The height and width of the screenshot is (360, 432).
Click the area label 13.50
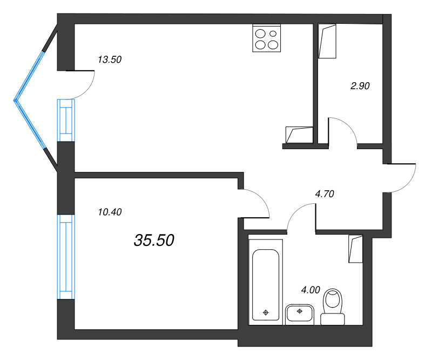[x=110, y=60]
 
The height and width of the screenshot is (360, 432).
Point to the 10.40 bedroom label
[x=110, y=212]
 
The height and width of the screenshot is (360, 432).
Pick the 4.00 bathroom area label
[x=312, y=290]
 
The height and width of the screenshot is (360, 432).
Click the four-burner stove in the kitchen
[x=266, y=38]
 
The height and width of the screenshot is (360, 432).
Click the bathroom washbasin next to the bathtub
[x=300, y=314]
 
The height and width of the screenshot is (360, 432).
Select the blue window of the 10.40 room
[x=65, y=256]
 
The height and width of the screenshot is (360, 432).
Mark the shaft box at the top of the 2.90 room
[x=327, y=41]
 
